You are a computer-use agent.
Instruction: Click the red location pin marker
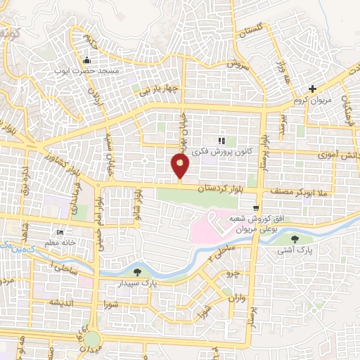180,167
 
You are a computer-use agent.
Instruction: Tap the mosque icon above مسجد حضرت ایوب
87,60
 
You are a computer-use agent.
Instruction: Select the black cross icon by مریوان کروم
313,89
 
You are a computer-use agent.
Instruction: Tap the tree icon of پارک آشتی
294,240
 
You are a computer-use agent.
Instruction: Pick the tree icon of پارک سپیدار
137,272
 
